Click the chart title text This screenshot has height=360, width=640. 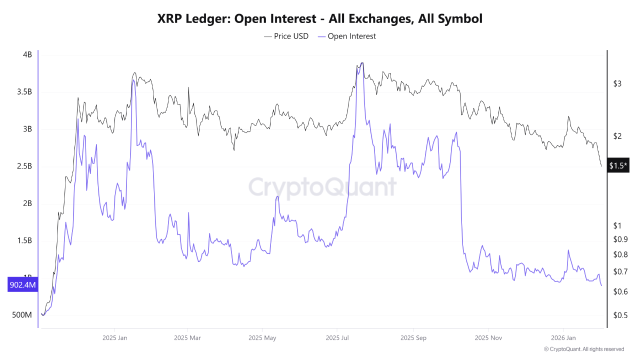pos(320,19)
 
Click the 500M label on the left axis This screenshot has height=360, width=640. pos(22,315)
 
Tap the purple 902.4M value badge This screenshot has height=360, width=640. pos(22,285)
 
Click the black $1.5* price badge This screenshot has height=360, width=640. pos(618,165)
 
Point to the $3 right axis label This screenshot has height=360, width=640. pos(617,83)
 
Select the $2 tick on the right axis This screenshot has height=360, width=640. pos(617,136)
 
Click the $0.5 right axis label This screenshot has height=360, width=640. pos(620,315)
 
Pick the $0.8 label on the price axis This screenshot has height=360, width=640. pos(620,254)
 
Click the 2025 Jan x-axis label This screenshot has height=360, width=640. pos(114,338)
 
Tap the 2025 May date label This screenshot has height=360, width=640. pos(262,338)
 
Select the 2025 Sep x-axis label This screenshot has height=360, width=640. pos(413,338)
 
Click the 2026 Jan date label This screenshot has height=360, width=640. pos(563,338)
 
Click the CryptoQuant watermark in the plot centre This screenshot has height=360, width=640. pos(322,187)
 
